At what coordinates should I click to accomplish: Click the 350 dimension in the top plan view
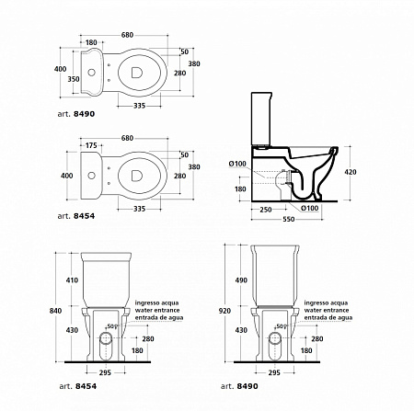pyautogui.click(x=74, y=79)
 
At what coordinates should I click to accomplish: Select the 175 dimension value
pyautogui.click(x=91, y=145)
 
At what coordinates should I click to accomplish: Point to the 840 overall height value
pyautogui.click(x=55, y=311)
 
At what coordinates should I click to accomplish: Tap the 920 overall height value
pyautogui.click(x=224, y=311)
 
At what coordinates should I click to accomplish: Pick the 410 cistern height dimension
pyautogui.click(x=72, y=280)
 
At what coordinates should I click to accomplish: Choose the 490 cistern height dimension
pyautogui.click(x=241, y=280)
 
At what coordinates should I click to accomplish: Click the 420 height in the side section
pyautogui.click(x=351, y=172)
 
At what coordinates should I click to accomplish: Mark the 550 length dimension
pyautogui.click(x=289, y=219)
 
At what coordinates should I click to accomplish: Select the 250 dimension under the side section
pyautogui.click(x=266, y=210)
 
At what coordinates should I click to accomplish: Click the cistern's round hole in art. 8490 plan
pyautogui.click(x=91, y=73)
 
